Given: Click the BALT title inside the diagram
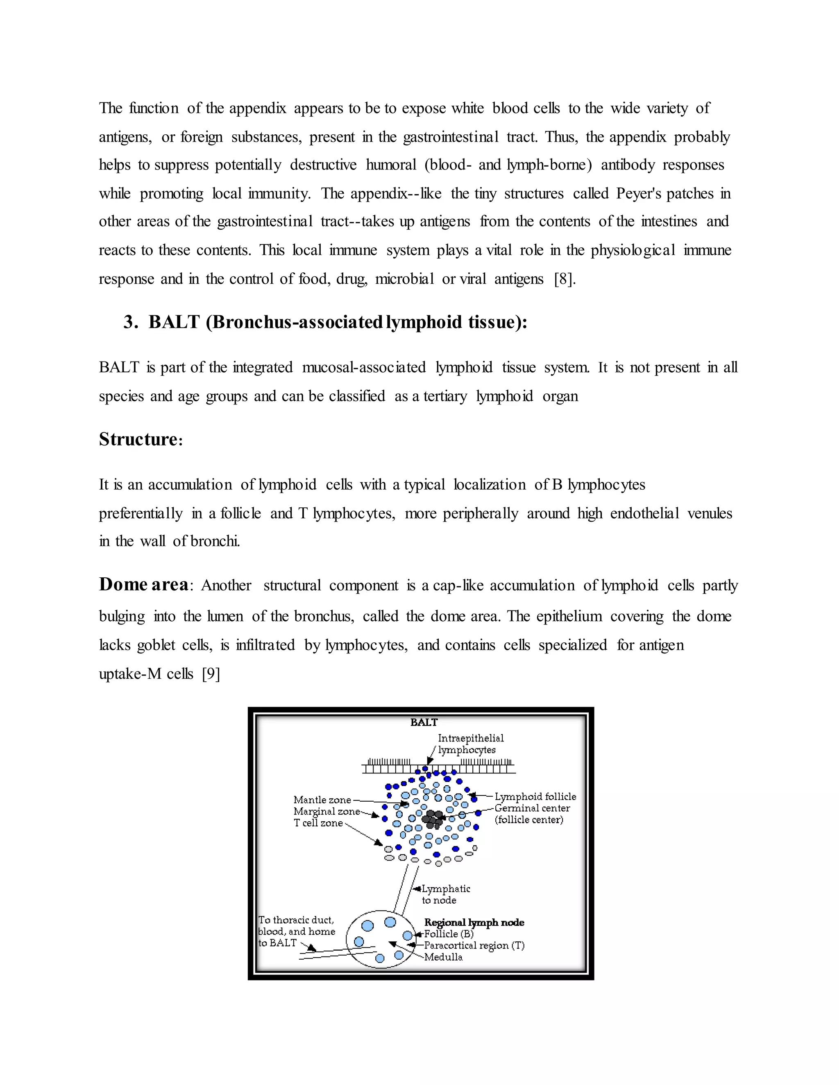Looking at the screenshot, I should [424, 722].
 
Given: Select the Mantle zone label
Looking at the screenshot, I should [322, 800].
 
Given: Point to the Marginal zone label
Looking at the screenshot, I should [326, 811].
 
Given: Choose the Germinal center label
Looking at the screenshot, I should [532, 808].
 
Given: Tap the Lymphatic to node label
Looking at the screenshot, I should [445, 894].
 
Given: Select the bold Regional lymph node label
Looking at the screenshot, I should [474, 922].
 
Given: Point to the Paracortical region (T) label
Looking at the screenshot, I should [474, 945].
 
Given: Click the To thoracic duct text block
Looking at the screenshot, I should [296, 931].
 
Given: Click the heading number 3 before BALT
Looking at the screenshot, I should [130, 322].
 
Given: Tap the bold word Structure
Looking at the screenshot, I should [138, 440].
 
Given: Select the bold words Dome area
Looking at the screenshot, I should [143, 585].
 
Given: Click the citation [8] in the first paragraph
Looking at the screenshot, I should [565, 279].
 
